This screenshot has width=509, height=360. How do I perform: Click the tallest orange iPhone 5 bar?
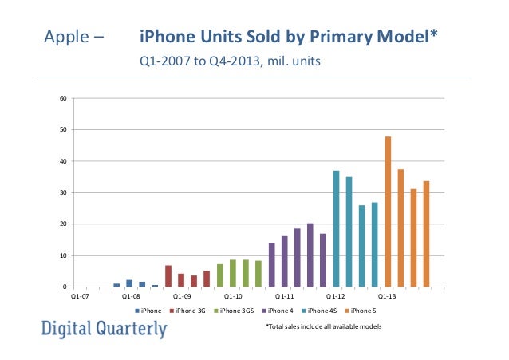click(x=388, y=212)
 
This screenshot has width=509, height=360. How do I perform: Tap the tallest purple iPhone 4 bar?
click(x=310, y=255)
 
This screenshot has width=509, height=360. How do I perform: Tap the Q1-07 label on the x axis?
click(x=79, y=295)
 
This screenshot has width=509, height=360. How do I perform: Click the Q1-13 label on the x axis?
click(x=387, y=295)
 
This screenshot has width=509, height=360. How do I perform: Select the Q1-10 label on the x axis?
click(x=233, y=295)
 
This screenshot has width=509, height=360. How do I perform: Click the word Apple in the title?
click(x=66, y=38)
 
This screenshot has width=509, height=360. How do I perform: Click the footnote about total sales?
click(x=323, y=327)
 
